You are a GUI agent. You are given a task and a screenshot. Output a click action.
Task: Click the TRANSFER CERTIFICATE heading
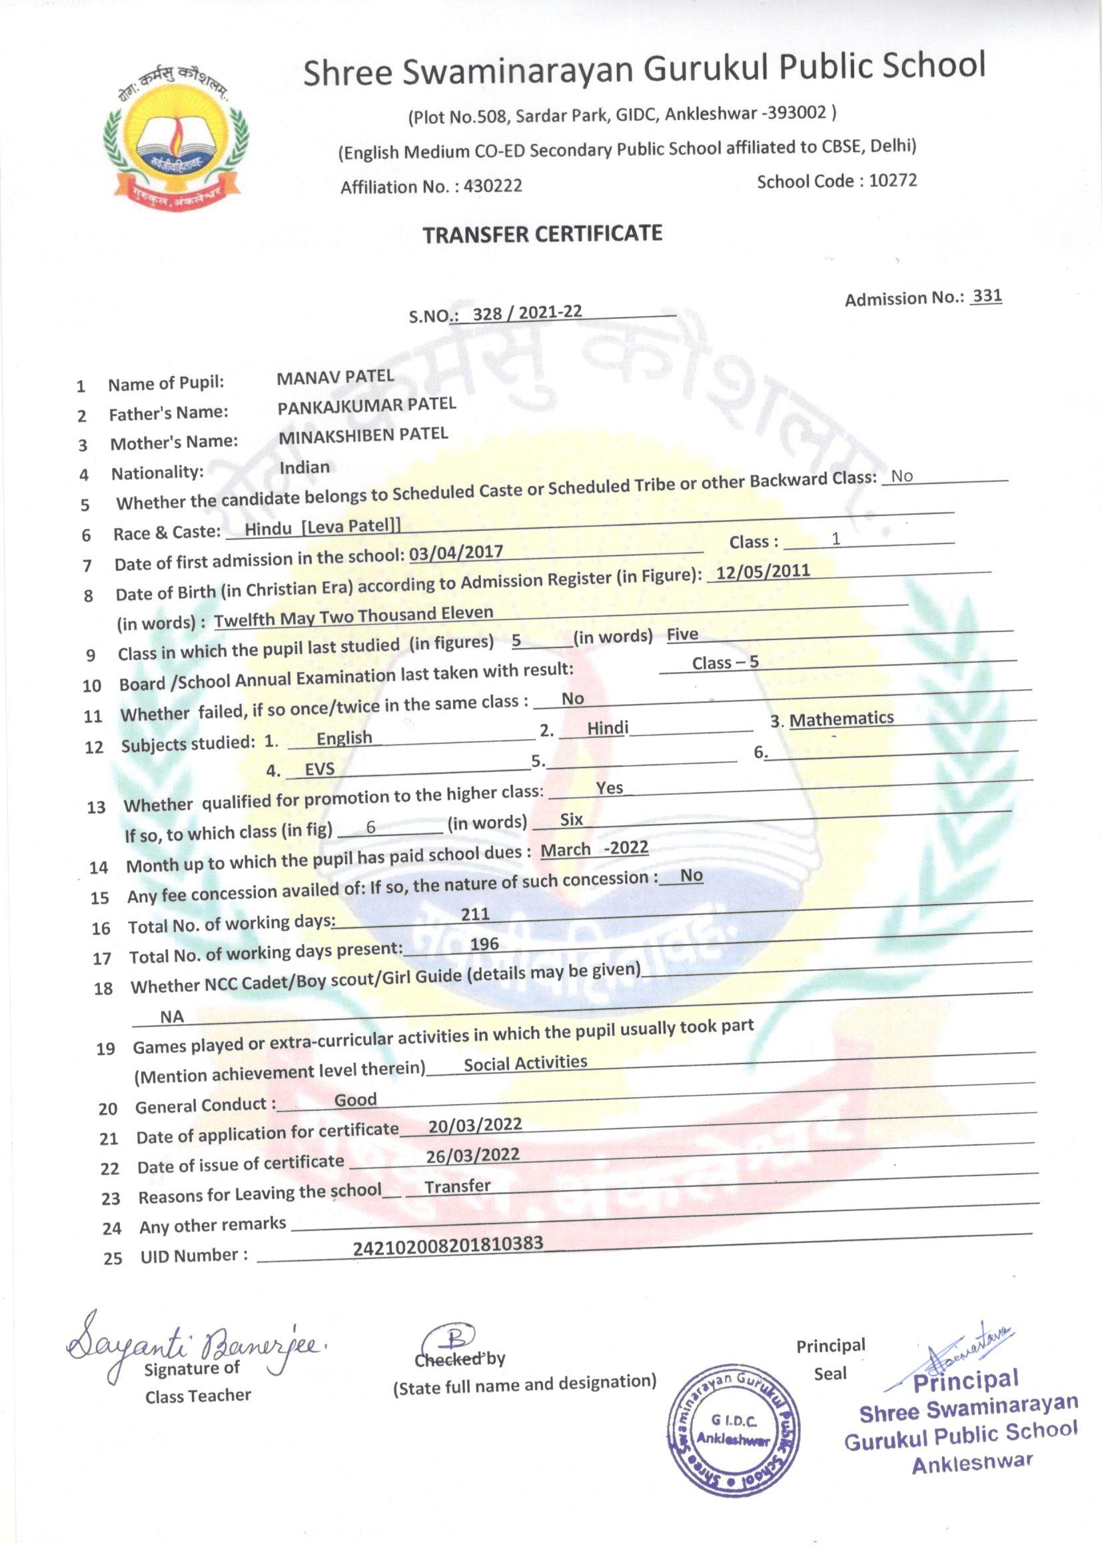point(542,234)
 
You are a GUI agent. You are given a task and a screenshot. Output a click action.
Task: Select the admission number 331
point(987,296)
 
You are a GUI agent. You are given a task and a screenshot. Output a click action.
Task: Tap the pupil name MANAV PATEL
point(334,376)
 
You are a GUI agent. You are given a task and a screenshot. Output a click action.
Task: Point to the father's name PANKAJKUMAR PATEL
point(366,405)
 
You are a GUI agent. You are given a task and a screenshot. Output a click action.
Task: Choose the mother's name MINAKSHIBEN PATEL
point(363,435)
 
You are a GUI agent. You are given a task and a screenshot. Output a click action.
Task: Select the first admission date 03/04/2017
point(456,552)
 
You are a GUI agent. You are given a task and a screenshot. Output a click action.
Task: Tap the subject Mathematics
point(841,718)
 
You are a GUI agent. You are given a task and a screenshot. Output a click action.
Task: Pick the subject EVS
point(320,769)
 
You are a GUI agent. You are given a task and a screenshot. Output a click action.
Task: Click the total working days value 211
point(475,914)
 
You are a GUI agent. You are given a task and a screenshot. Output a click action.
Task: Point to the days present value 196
point(484,944)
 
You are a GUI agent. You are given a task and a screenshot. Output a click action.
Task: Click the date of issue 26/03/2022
point(472,1155)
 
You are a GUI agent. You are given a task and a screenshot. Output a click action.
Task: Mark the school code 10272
point(892,181)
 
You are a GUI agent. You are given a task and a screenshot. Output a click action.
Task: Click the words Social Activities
point(525,1063)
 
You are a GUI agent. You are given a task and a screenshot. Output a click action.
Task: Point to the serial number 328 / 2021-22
point(526,312)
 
